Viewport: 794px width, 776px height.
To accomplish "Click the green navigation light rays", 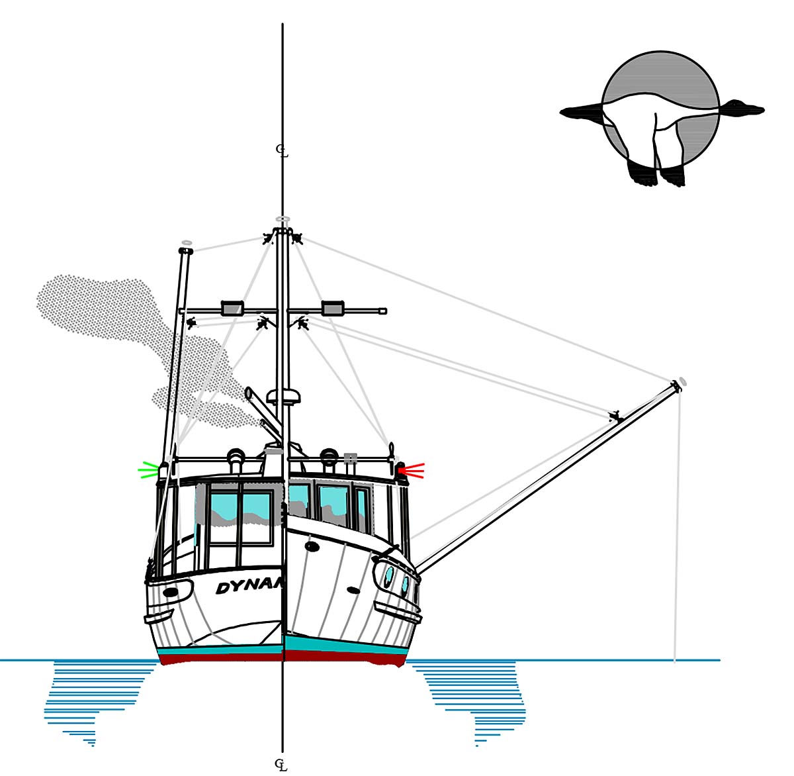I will pyautogui.click(x=148, y=471).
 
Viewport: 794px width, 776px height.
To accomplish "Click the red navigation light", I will pyautogui.click(x=401, y=471).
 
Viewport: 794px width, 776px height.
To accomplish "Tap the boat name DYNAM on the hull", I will pyautogui.click(x=249, y=587).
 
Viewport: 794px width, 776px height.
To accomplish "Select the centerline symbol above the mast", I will pyautogui.click(x=283, y=152).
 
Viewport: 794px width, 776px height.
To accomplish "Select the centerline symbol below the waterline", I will pyautogui.click(x=283, y=765).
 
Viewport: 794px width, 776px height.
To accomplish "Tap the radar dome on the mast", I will pyautogui.click(x=284, y=397).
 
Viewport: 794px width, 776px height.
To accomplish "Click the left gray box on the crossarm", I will pyautogui.click(x=232, y=307).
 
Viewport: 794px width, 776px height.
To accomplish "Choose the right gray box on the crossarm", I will pyautogui.click(x=332, y=307).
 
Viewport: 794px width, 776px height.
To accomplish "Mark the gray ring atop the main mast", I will pyautogui.click(x=283, y=218).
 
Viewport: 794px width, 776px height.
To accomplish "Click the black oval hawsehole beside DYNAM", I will pyautogui.click(x=171, y=591).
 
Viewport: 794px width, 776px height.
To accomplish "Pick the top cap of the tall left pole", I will pyautogui.click(x=186, y=251).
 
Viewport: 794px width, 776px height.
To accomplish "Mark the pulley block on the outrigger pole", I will pyautogui.click(x=615, y=417).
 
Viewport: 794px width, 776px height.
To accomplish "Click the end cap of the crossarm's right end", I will pyautogui.click(x=383, y=311).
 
